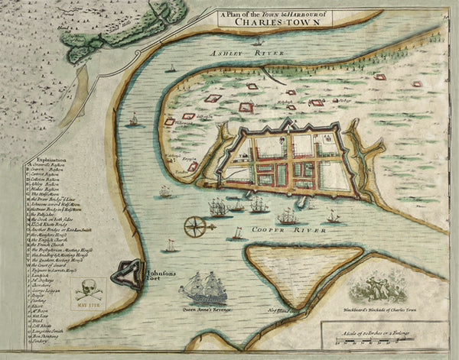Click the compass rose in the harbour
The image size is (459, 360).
(x=196, y=225)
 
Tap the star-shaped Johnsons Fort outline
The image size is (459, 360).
(x=125, y=274)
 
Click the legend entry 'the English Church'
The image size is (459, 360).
(x=54, y=241)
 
